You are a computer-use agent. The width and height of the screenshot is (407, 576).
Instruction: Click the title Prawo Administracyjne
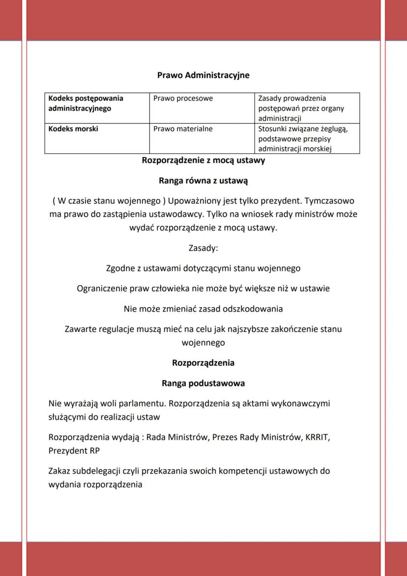[x=203, y=75]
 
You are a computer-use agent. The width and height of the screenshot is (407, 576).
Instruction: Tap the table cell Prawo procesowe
[x=183, y=98]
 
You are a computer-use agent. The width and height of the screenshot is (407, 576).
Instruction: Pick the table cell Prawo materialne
[x=183, y=129]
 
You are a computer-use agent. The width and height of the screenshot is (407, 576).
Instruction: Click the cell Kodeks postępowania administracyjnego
[x=86, y=103]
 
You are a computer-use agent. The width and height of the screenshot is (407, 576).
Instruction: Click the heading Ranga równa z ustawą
[x=203, y=181]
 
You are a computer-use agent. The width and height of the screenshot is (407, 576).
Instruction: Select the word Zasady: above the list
[x=203, y=248]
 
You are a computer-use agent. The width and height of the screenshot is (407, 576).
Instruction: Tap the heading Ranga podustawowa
[x=203, y=383]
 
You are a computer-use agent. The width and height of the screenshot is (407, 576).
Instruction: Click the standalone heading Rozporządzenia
[x=203, y=363]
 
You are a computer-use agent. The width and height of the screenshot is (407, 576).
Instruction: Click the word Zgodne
[x=120, y=269]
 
